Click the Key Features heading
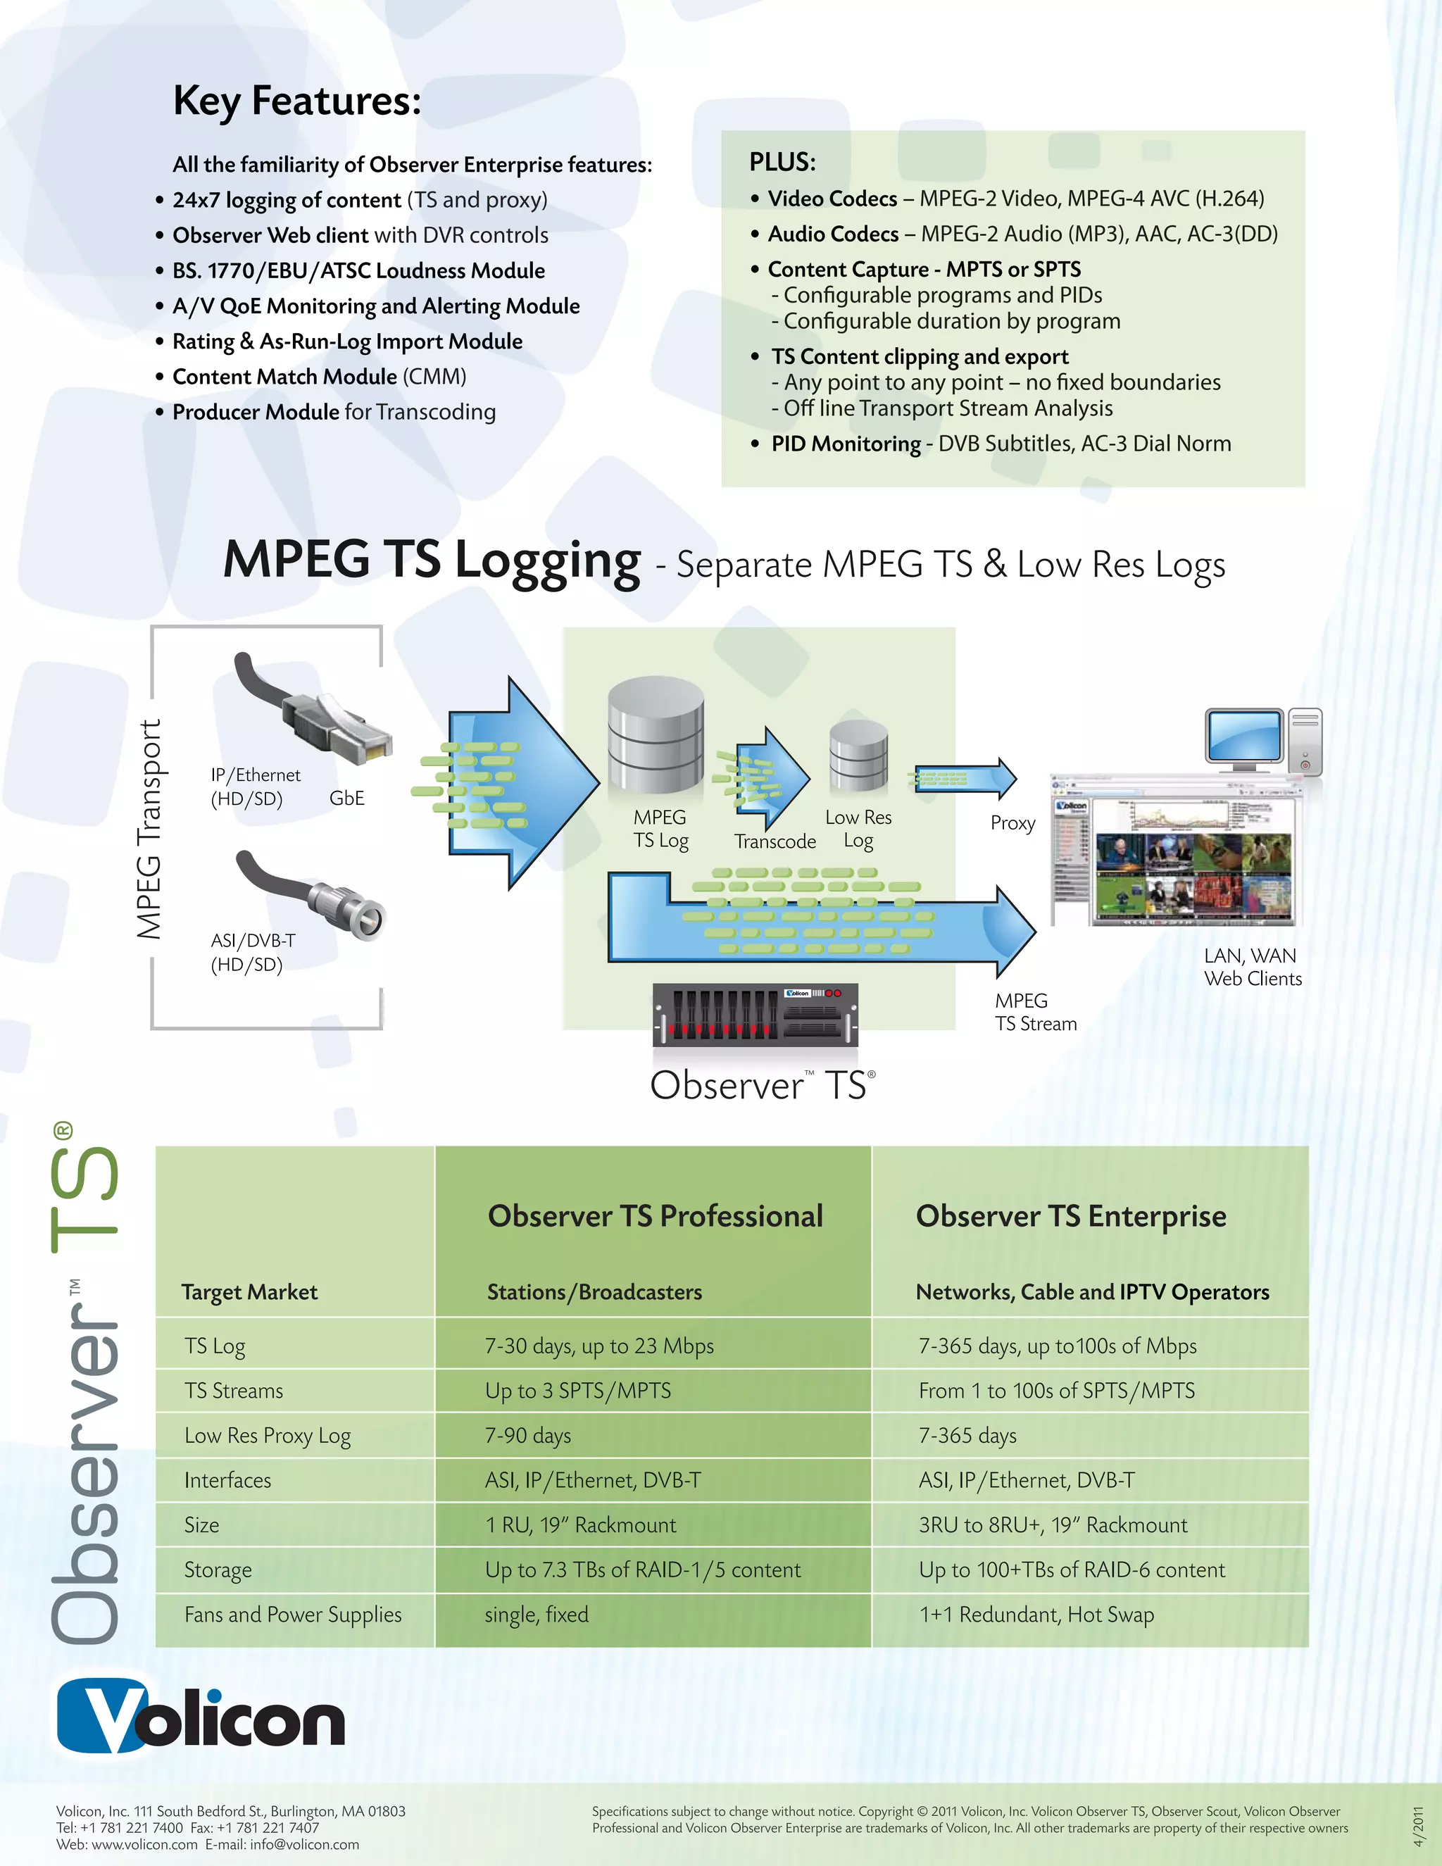tap(296, 101)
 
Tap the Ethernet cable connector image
tap(316, 709)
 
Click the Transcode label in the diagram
tap(775, 841)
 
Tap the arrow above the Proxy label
tap(965, 778)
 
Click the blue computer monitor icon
tap(1244, 737)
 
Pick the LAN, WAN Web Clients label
tap(1253, 968)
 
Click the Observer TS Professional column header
tap(656, 1216)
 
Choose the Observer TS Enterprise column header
tap(1070, 1216)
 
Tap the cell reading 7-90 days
tap(528, 1435)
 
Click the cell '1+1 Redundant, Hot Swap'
tap(1036, 1614)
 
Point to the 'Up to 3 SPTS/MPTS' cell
tap(577, 1391)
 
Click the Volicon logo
tap(201, 1718)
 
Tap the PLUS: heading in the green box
tap(782, 161)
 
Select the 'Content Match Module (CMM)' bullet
tap(319, 377)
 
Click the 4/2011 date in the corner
tap(1418, 1825)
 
